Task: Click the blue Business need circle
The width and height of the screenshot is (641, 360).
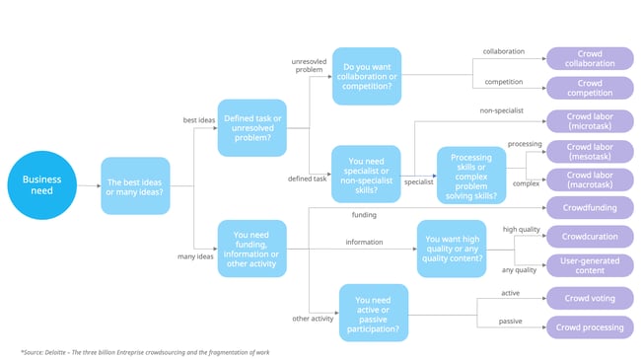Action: [42, 184]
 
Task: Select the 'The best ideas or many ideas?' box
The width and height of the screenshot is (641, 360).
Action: [136, 184]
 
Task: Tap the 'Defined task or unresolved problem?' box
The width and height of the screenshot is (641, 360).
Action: [251, 127]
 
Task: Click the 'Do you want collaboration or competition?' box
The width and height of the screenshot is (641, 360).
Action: [366, 75]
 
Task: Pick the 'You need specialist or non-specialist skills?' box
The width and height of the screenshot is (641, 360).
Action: [366, 174]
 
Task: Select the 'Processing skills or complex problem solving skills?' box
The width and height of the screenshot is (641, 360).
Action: [470, 175]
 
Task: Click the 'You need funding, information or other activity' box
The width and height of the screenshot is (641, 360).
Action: [251, 248]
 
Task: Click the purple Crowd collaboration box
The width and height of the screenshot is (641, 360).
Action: [590, 58]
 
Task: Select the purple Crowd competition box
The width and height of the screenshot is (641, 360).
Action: [590, 89]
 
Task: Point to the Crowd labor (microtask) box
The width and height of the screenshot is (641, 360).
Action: [590, 122]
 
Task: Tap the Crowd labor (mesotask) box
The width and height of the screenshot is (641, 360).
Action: [590, 151]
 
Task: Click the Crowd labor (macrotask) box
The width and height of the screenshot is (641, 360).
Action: [590, 180]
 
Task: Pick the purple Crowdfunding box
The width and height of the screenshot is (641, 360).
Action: [590, 208]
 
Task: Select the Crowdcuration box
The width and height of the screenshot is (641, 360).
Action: [590, 237]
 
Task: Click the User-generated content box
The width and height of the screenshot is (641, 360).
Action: [590, 266]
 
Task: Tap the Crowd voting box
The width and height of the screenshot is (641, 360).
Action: [590, 298]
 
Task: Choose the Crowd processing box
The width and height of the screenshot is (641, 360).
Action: [590, 327]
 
